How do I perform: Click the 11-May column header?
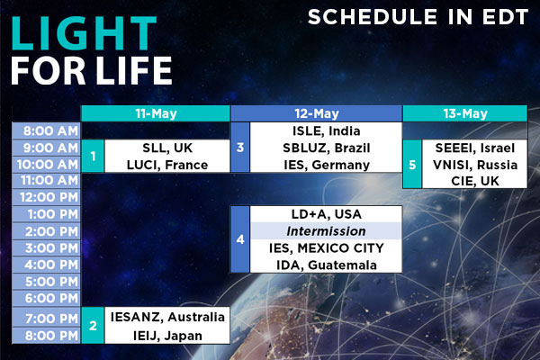(156, 113)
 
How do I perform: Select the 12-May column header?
(317, 113)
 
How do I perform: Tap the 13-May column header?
(465, 113)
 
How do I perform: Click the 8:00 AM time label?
(50, 130)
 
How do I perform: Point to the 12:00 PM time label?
(49, 197)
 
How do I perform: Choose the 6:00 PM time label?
(51, 298)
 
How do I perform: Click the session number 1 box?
(93, 156)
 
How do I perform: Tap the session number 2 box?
(93, 325)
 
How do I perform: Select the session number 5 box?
(412, 165)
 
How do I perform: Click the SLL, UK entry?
(167, 148)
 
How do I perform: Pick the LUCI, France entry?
(167, 165)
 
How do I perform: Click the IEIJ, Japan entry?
(167, 336)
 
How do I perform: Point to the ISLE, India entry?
(326, 130)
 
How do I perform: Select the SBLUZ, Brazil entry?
(326, 148)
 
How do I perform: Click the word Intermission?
(326, 230)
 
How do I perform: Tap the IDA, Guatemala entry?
(326, 265)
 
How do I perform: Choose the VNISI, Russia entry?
(475, 165)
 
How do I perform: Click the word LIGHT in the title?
(84, 33)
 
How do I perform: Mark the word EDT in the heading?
(505, 17)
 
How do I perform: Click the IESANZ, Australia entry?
(167, 317)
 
